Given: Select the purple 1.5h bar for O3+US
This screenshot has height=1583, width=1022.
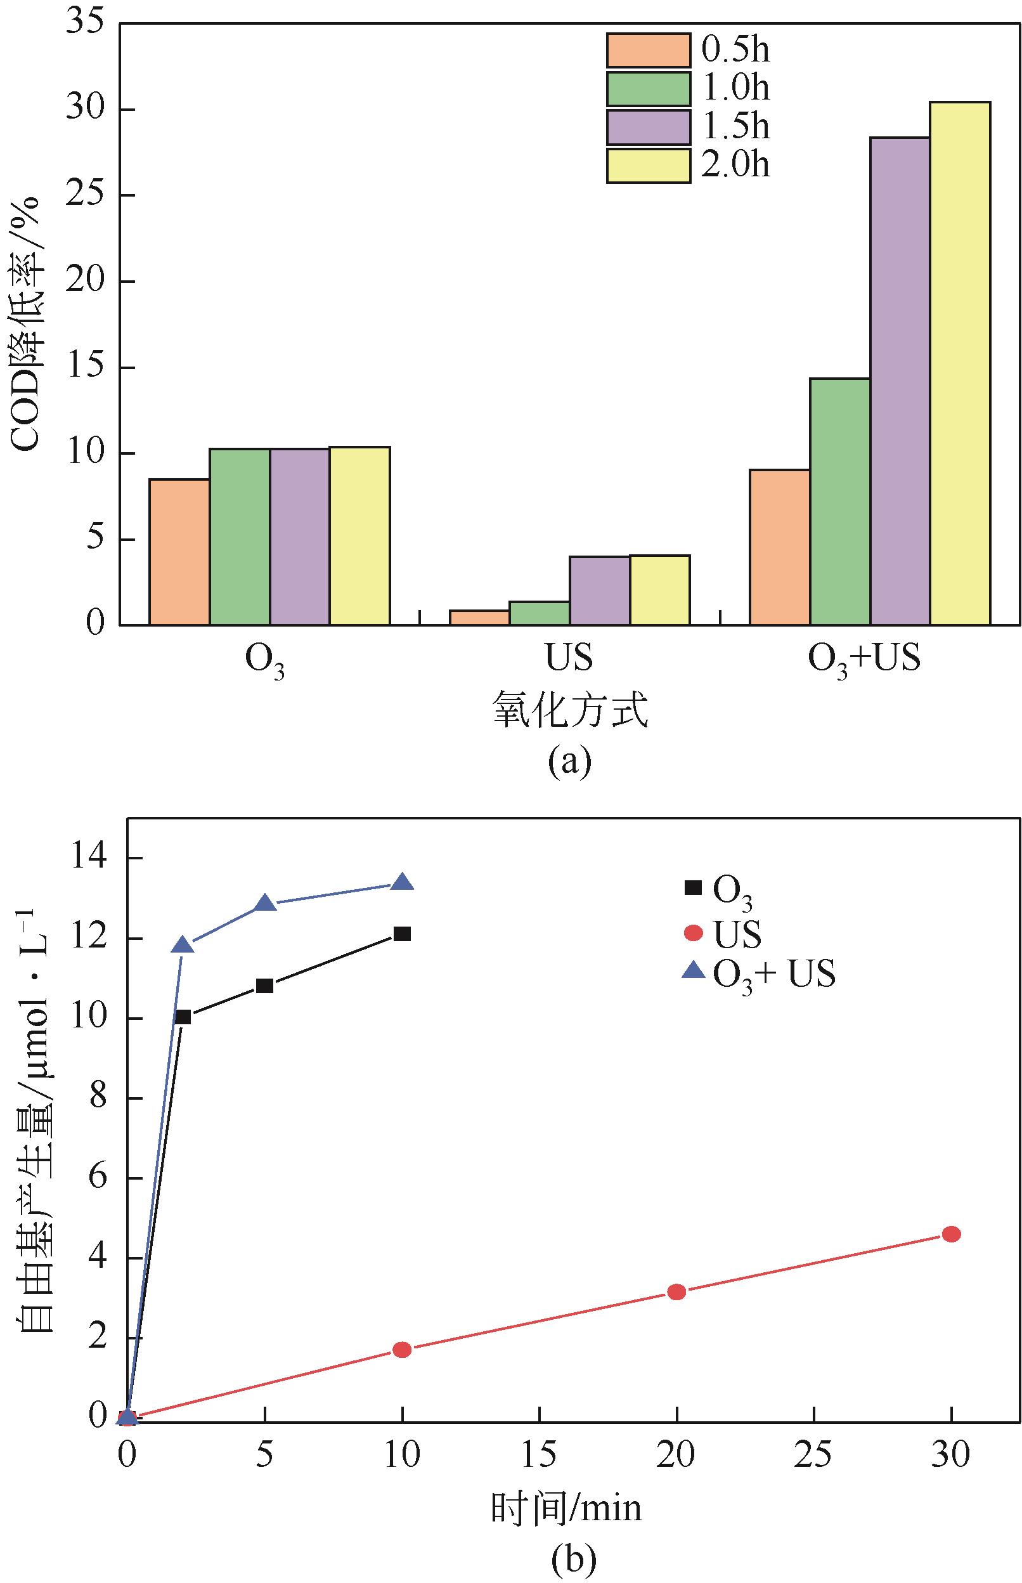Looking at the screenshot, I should point(900,381).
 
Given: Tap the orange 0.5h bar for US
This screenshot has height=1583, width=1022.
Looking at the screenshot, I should point(479,617).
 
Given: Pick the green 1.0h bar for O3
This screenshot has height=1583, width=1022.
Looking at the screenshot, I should point(240,537).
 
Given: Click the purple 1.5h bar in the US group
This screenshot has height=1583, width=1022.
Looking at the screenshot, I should point(599,590).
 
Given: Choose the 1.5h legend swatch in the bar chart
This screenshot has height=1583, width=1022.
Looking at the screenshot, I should point(648,127).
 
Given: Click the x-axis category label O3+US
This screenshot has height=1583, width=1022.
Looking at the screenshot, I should point(864,660).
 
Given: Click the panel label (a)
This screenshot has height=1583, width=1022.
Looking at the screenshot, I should point(569,760).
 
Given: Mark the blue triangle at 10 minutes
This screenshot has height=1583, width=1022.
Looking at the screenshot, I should point(402,882).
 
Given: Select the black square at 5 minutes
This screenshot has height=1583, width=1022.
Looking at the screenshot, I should point(265,986).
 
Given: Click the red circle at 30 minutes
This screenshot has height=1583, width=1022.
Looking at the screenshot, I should point(951,1234).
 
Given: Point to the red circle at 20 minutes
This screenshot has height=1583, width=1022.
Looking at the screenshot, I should point(676,1292).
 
